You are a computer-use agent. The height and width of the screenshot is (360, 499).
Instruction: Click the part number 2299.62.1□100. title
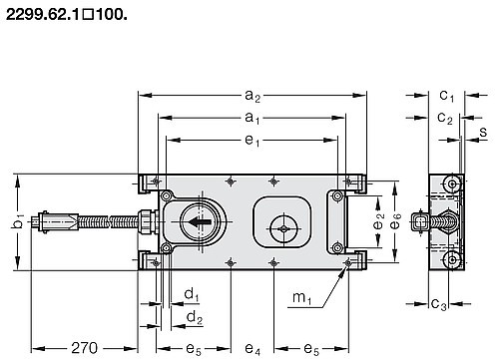(x=67, y=15)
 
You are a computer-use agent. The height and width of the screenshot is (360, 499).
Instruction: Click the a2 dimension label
(x=252, y=96)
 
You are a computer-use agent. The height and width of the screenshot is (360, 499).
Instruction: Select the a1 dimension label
(x=252, y=118)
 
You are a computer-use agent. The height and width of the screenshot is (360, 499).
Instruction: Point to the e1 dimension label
(x=252, y=141)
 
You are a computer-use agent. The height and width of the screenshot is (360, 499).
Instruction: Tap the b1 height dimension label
(x=18, y=221)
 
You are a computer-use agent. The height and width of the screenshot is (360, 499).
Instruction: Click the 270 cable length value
(x=85, y=348)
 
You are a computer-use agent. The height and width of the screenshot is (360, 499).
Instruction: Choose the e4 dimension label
(x=252, y=349)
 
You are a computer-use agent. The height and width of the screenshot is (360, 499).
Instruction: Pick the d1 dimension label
(x=192, y=294)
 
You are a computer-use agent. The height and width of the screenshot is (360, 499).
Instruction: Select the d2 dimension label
(x=195, y=317)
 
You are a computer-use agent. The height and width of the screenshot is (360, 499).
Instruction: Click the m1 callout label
(x=302, y=297)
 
